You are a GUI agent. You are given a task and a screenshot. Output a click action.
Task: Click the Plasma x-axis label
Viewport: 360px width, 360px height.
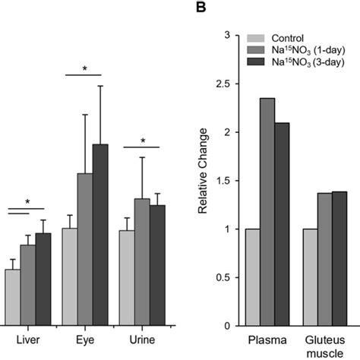[x=267, y=337]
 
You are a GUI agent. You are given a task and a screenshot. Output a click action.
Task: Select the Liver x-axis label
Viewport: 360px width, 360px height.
[x=28, y=337]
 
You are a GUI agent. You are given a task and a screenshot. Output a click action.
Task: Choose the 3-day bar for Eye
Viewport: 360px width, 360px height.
[x=100, y=235]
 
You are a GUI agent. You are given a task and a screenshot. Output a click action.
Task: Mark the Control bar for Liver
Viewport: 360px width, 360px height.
[x=12, y=297]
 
